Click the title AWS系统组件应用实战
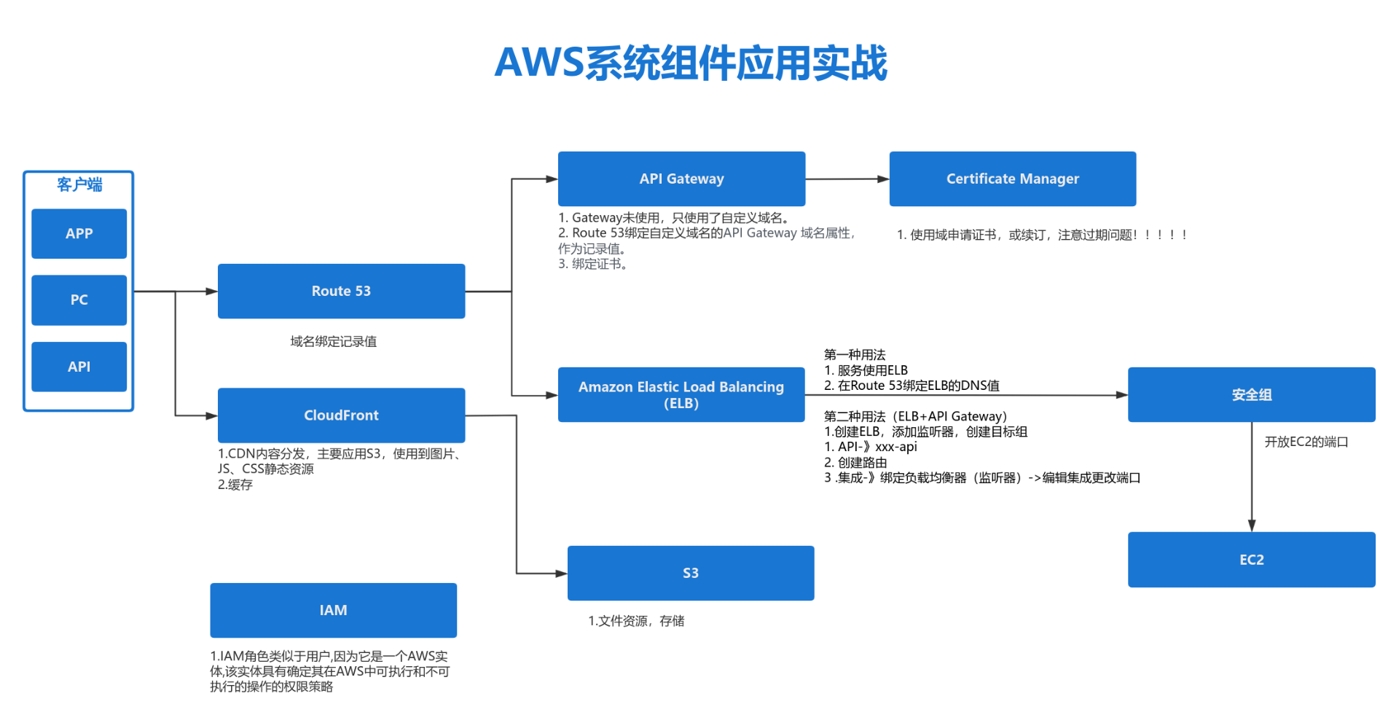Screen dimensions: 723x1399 [x=691, y=63]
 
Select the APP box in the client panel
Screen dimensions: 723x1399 [x=79, y=234]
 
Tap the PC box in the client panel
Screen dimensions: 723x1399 [x=79, y=300]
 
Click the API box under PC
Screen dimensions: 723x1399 [x=79, y=367]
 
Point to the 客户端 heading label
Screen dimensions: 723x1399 [x=79, y=184]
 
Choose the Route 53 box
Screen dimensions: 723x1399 [x=341, y=291]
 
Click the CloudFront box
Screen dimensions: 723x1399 [x=341, y=415]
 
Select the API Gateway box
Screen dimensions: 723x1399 [x=681, y=179]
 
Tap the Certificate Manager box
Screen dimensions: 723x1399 [x=1012, y=179]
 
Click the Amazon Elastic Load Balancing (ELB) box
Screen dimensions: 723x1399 [x=681, y=394]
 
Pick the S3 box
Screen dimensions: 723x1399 [x=690, y=573]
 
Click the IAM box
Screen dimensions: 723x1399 [x=333, y=610]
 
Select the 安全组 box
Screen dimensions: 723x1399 [x=1251, y=394]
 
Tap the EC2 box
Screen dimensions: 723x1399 [x=1251, y=560]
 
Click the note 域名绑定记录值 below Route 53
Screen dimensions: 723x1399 [x=333, y=341]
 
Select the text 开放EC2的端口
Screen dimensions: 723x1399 [x=1306, y=442]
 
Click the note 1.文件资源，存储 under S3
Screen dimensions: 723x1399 [x=635, y=621]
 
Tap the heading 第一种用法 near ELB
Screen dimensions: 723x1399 [x=854, y=355]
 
